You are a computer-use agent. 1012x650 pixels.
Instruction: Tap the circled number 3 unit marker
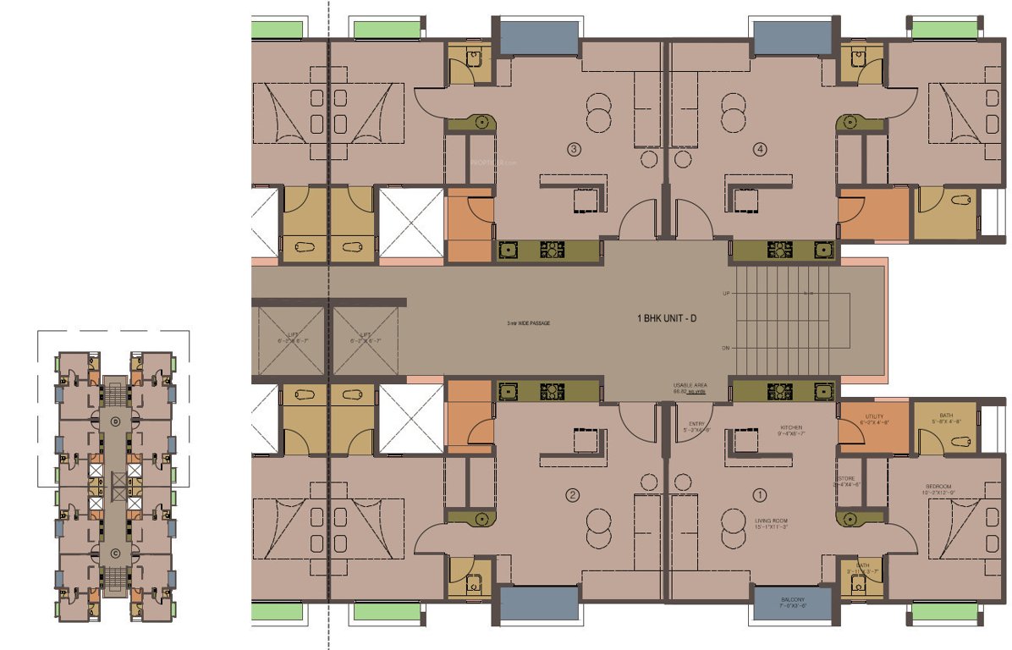click(574, 150)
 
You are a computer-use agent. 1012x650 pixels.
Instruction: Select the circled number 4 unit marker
click(761, 150)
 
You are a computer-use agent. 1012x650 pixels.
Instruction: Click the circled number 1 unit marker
click(760, 495)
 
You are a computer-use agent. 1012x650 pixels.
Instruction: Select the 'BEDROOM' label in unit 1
click(939, 488)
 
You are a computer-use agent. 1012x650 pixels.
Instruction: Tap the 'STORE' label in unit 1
click(846, 479)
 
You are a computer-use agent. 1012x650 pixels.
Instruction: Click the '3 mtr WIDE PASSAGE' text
click(529, 323)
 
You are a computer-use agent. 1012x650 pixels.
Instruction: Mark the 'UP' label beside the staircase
click(726, 294)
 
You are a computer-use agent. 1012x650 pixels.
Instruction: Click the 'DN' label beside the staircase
click(726, 348)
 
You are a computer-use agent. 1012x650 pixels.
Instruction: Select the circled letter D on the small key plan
click(117, 420)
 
